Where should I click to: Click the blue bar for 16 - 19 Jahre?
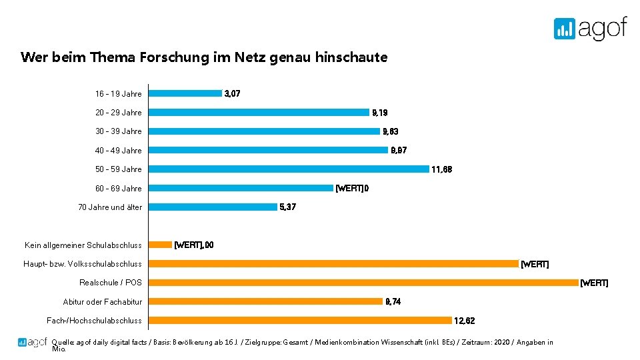185,93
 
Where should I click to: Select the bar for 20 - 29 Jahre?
259,112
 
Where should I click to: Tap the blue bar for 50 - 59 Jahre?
289,169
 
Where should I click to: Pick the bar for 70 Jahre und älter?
213,207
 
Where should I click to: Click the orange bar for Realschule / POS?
363,283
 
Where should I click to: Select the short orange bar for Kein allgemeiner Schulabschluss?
160,245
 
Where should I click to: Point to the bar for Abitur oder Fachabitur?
265,301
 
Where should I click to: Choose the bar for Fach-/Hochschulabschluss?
300,321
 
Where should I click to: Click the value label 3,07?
233,93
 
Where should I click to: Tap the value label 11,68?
442,169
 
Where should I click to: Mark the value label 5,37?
288,207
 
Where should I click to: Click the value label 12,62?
465,321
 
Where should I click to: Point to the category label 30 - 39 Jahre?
119,131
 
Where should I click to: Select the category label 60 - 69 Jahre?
119,189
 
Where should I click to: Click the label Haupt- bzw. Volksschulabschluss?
83,264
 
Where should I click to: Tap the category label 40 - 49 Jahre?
119,151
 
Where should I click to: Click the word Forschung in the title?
174,57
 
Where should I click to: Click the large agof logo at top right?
590,28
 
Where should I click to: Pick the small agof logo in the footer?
32,343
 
